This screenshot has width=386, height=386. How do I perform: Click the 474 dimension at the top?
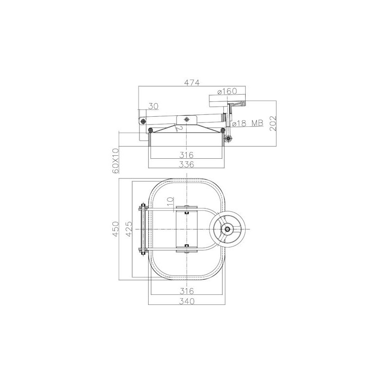pos(192,83)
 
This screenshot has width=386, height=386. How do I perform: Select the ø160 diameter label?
pos(227,91)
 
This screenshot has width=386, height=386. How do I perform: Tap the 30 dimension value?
pos(153,106)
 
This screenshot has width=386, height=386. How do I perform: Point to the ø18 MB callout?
pos(248,123)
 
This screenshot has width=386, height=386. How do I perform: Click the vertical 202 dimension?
pos(274,123)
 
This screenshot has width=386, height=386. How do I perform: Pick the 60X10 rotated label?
pos(115,161)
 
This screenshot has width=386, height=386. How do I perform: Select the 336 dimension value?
pos(186,164)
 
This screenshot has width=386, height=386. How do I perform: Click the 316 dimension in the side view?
pos(186,155)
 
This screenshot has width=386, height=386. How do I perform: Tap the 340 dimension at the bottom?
pos(187,301)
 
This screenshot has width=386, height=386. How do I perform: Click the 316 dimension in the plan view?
pos(186,291)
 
